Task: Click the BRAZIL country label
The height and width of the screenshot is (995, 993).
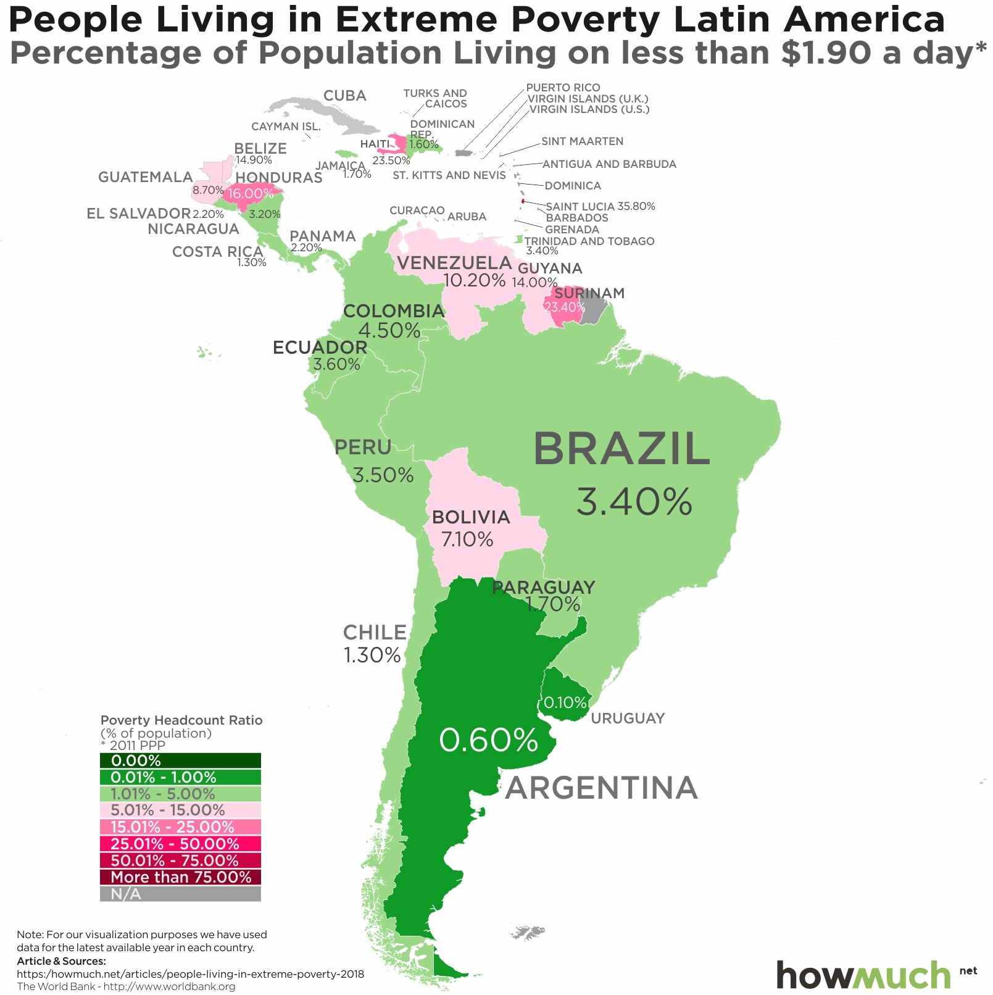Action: coord(621,449)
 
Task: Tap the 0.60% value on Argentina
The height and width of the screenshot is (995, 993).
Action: coord(488,740)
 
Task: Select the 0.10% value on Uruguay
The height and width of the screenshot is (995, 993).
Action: coord(565,702)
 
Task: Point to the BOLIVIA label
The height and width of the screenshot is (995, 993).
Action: coord(471,517)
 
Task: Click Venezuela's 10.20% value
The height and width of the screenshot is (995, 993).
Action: coord(475,280)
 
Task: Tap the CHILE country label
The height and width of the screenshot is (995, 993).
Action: coord(375,632)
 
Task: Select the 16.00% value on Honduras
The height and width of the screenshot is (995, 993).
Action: coord(250,194)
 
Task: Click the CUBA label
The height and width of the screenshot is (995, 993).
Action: coord(345,96)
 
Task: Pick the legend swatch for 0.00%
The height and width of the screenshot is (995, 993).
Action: coord(180,760)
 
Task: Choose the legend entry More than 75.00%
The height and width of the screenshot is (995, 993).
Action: coord(180,877)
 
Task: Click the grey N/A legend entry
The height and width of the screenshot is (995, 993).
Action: coord(180,894)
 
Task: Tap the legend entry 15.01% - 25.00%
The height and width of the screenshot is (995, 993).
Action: coord(180,827)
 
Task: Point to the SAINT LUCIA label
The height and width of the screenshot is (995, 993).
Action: coord(580,206)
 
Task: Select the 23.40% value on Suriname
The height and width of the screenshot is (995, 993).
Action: coord(563,307)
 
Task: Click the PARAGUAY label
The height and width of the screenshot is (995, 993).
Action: coord(543,587)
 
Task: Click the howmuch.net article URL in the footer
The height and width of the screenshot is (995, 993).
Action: coord(190,974)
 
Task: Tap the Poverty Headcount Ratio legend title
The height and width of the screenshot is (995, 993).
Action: coord(181,720)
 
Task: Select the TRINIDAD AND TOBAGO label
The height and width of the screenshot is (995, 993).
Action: coord(589,241)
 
